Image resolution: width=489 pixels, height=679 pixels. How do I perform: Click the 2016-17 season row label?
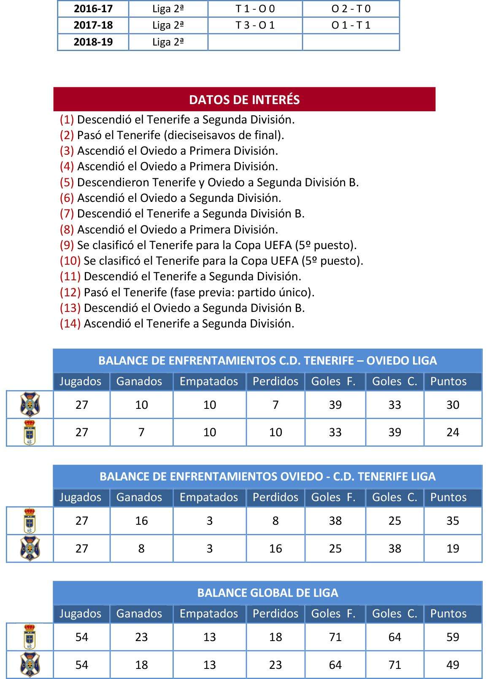coord(93,8)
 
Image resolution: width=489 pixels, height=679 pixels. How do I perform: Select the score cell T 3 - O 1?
coord(255,25)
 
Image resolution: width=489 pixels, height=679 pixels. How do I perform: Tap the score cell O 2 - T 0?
coord(351,8)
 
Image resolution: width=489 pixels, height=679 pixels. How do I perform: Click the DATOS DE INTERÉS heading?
coord(244,99)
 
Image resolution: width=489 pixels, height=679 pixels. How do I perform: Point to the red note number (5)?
coord(67,182)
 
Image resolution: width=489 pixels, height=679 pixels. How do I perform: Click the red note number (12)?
coord(70,292)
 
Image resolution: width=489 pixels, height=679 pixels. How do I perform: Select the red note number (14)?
coord(70,324)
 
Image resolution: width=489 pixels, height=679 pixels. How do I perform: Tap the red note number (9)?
coord(67,245)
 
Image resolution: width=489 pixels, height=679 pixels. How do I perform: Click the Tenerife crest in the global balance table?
coord(30,665)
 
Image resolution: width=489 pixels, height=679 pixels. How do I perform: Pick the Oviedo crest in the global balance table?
coord(30,637)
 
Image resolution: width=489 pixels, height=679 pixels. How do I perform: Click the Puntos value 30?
coord(453,405)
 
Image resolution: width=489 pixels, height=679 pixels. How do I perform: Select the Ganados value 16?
coord(141,521)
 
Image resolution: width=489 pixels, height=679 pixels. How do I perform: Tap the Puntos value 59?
coord(453,637)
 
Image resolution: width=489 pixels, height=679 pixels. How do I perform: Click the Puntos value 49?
coord(453,665)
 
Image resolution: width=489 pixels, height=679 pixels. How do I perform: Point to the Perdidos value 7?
coord(276,405)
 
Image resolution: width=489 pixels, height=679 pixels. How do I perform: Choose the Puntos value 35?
coord(453,521)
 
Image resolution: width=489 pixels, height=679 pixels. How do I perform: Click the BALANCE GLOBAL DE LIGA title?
coord(267,593)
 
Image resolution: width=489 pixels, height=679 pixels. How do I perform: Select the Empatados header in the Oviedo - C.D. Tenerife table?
coord(209,497)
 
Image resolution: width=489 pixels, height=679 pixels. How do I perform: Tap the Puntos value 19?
coord(453,548)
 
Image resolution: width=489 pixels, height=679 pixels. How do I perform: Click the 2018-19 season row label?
coord(93,42)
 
